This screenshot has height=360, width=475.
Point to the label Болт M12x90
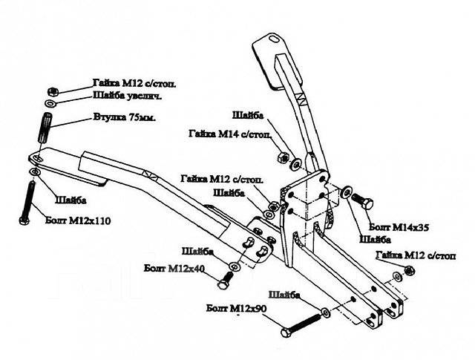point(238,307)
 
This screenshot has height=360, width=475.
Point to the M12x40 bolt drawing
point(225,280)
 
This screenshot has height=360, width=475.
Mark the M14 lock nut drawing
point(281,157)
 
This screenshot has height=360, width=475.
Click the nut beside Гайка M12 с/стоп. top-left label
point(50,88)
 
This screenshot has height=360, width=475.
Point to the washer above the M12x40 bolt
point(235,264)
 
